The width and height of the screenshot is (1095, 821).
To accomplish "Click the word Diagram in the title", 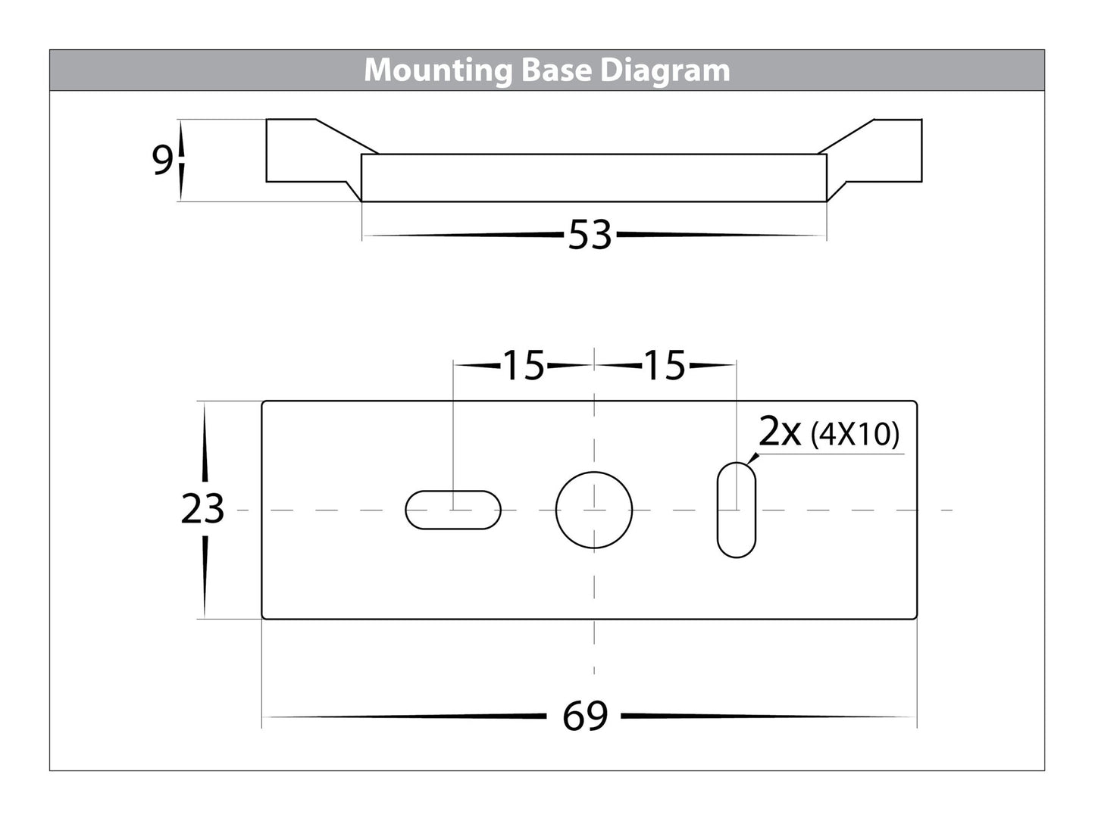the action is pos(665,70).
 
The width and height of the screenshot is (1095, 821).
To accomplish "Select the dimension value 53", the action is pos(590,235).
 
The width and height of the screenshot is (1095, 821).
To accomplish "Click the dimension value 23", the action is pos(202,509).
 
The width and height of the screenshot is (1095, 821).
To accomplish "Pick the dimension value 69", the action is pos(585,716).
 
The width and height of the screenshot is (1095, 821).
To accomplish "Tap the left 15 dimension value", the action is pos(524,365).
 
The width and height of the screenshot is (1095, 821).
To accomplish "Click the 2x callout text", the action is pos(779,432).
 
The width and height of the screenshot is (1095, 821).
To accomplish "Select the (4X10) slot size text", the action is pos(855,435).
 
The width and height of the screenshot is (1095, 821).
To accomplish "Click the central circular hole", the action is pos(593,510).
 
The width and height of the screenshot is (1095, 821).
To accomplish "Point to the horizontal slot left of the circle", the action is pos(453,510).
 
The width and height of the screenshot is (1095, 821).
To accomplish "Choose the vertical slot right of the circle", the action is pos(737,510).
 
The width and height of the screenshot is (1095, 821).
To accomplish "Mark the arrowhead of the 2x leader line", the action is pos(752,459).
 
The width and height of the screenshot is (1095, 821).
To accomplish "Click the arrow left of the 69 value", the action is pos(404,716).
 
